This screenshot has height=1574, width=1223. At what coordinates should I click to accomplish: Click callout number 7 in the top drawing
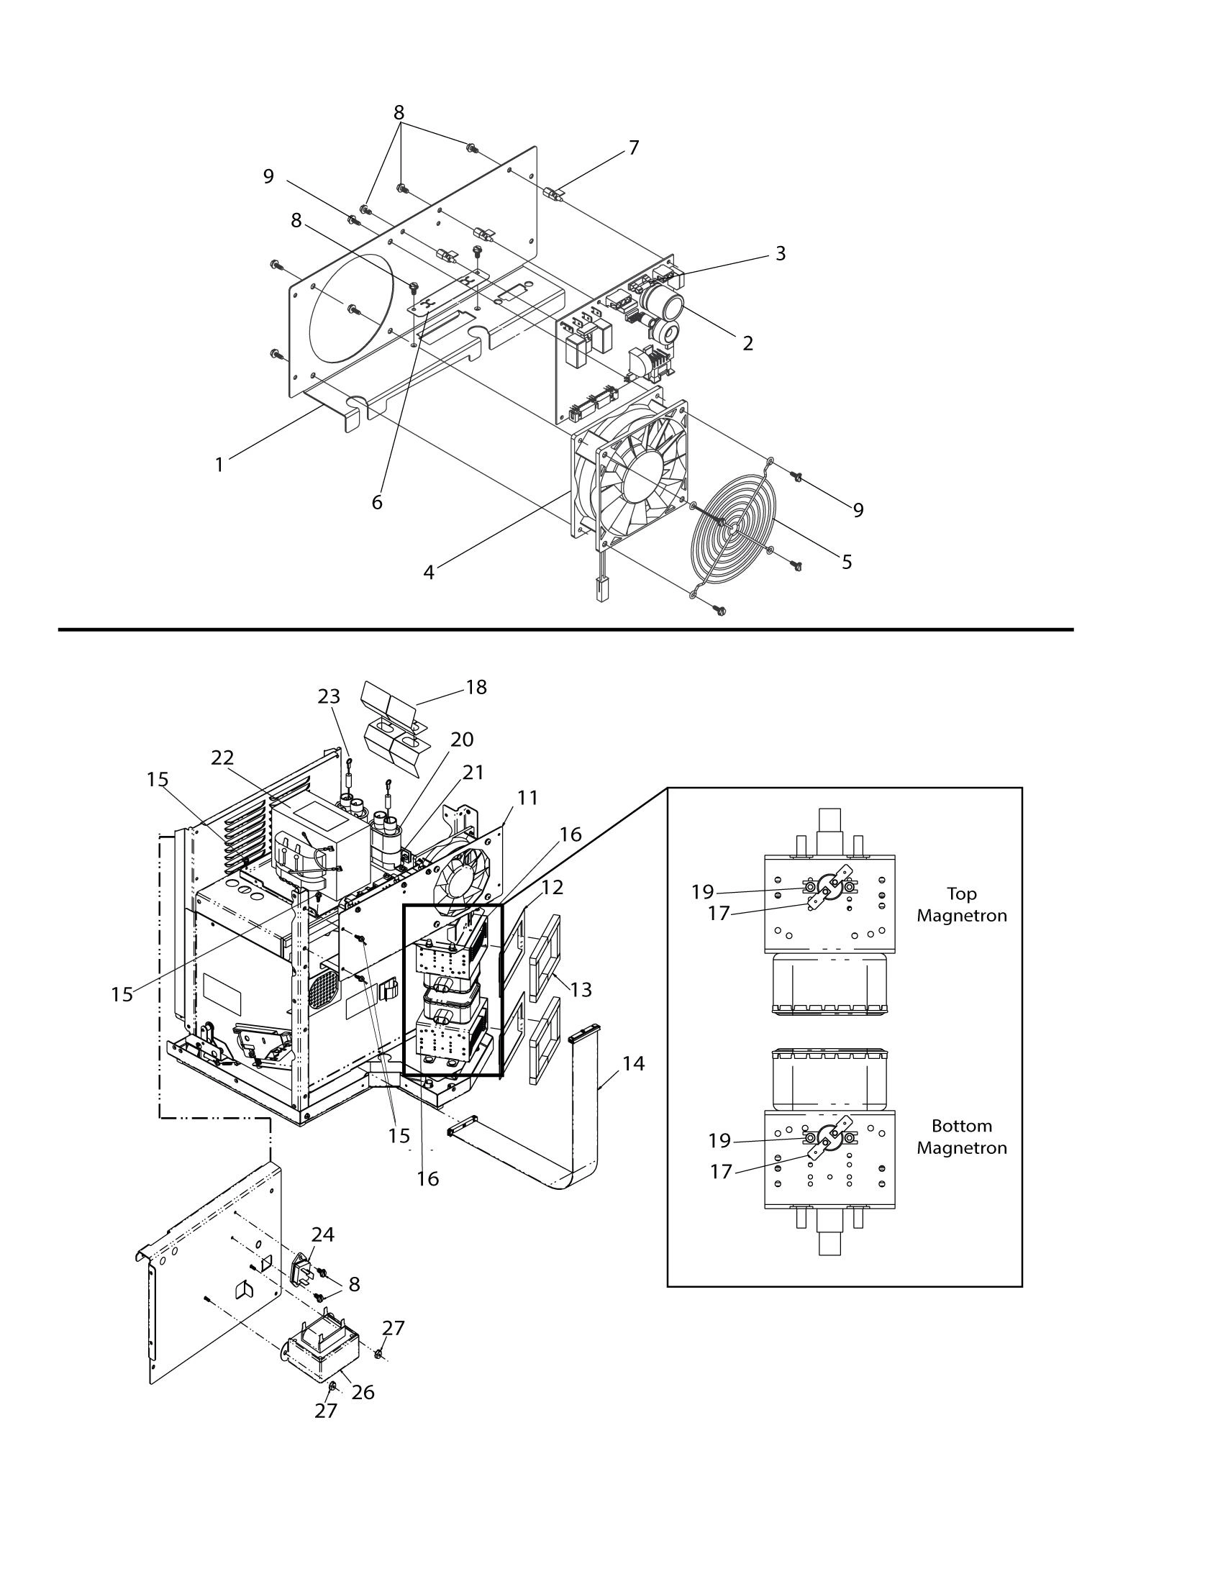tap(633, 147)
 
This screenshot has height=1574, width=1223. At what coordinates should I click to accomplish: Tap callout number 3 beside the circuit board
tap(780, 254)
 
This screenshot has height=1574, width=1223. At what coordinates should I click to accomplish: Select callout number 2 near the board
tap(748, 343)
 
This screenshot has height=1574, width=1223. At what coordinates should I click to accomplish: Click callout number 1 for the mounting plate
tap(220, 465)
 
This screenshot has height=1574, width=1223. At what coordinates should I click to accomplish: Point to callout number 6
tap(377, 502)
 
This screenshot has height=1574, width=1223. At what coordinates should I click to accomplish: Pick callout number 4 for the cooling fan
tap(429, 572)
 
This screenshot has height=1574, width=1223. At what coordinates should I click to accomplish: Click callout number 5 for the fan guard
tap(847, 561)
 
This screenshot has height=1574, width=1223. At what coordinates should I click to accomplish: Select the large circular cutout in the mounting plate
tap(352, 308)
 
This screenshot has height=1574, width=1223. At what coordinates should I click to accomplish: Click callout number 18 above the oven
tap(476, 687)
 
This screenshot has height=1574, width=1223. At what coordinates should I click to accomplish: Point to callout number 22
tap(223, 758)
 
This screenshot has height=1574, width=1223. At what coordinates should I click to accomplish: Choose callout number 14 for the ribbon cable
tap(634, 1063)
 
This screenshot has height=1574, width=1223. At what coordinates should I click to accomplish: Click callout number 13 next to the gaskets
tap(580, 990)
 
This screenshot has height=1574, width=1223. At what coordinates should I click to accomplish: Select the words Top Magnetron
tap(961, 904)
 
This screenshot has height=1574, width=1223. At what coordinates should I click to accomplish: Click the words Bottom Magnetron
tap(961, 1137)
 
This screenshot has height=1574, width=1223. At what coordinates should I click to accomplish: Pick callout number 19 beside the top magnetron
tap(703, 891)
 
